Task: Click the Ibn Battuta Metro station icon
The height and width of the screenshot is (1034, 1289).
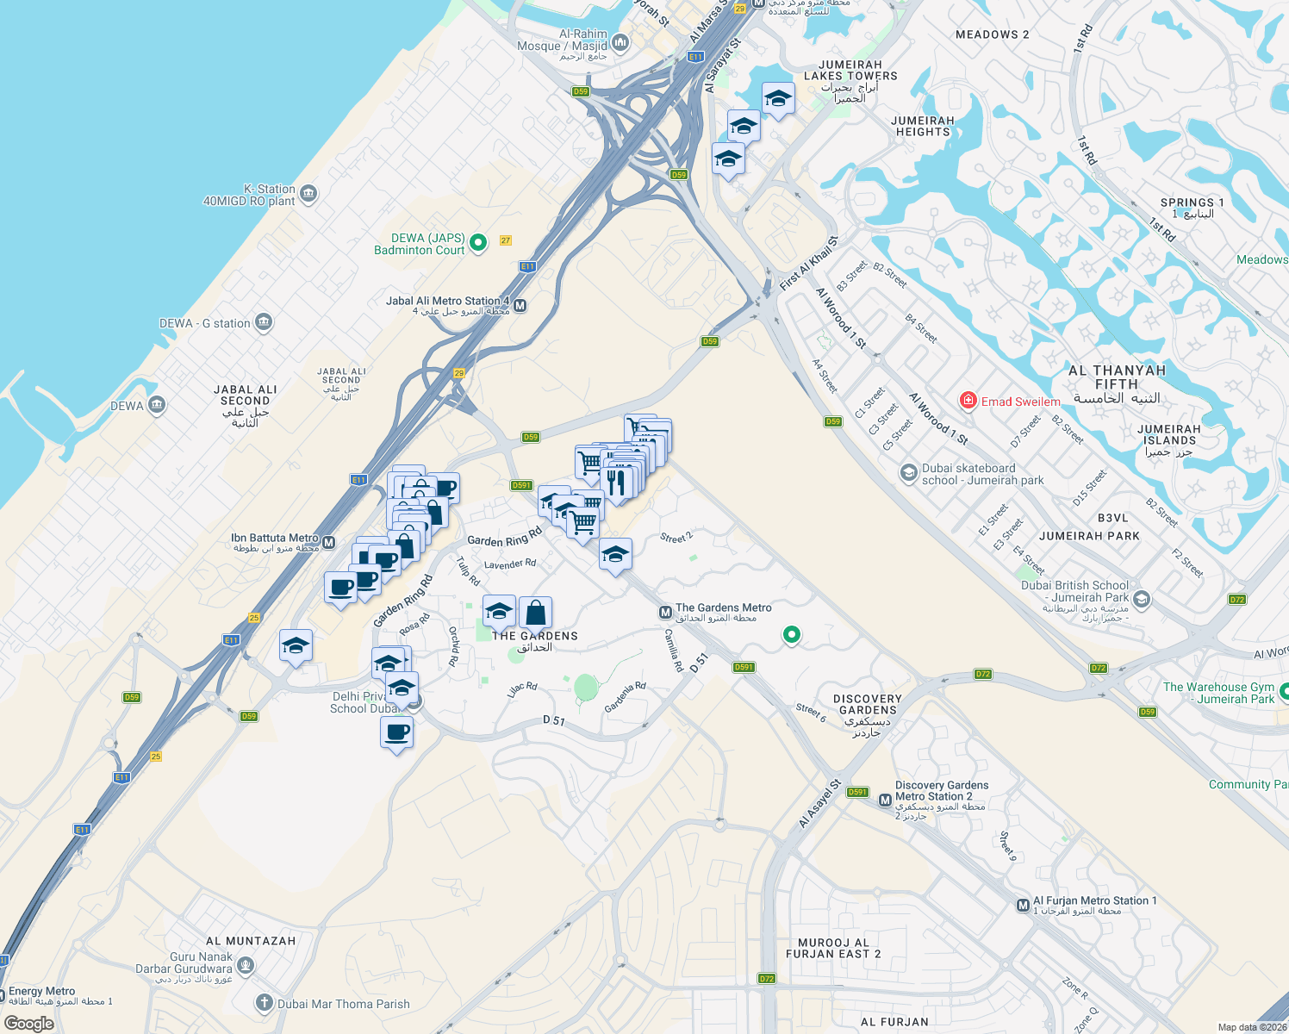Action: tap(328, 543)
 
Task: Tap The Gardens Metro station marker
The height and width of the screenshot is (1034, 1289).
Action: tap(665, 613)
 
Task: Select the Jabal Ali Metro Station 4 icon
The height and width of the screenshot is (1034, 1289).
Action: tap(520, 305)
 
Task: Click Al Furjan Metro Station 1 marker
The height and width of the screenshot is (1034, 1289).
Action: tap(1023, 906)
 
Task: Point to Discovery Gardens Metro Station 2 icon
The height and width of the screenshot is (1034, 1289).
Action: tap(885, 800)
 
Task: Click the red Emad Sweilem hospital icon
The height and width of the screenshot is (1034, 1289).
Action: tap(968, 401)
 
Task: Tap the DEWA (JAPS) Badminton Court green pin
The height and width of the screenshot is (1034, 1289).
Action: tap(478, 243)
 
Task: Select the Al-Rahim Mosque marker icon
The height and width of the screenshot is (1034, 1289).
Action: tap(620, 42)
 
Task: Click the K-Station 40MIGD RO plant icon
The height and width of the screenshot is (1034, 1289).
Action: tap(308, 194)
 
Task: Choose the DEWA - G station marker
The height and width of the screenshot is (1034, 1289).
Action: tap(264, 323)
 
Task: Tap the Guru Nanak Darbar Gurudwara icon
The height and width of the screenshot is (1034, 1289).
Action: tap(246, 964)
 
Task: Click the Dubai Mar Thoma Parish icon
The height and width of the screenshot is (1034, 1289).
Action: tap(265, 1003)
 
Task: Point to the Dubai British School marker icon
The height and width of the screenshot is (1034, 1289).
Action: tap(1142, 598)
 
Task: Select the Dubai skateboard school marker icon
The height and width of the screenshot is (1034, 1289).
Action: tap(908, 473)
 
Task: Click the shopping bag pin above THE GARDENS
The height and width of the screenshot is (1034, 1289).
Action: tap(535, 614)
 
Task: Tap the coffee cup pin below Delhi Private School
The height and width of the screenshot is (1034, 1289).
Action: tap(396, 733)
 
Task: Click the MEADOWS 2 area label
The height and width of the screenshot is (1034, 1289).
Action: tap(992, 34)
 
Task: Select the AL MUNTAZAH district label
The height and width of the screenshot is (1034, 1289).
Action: tap(251, 941)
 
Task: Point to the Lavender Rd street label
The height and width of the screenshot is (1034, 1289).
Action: tap(510, 564)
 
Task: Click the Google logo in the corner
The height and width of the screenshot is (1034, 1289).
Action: tap(28, 1024)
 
